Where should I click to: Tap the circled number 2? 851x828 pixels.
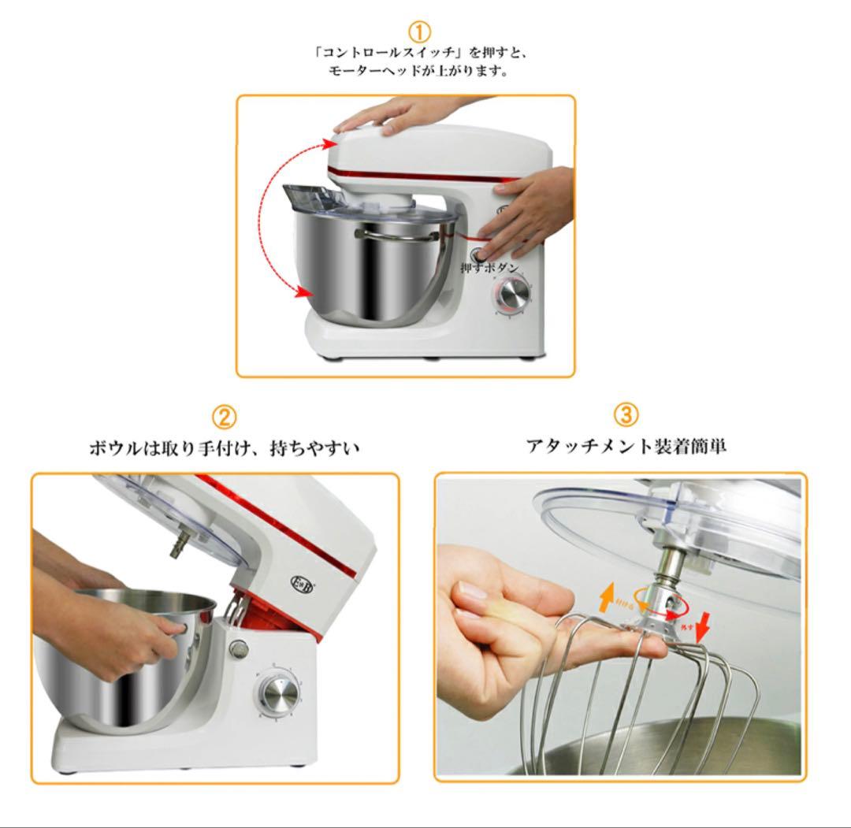tap(225, 417)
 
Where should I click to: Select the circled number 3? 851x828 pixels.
tap(626, 414)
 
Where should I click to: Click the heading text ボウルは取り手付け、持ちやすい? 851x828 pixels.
tap(224, 448)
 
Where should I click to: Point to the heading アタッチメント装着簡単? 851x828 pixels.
tap(626, 446)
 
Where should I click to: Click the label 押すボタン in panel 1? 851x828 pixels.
tap(490, 268)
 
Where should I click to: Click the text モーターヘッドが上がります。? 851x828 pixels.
tap(418, 71)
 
